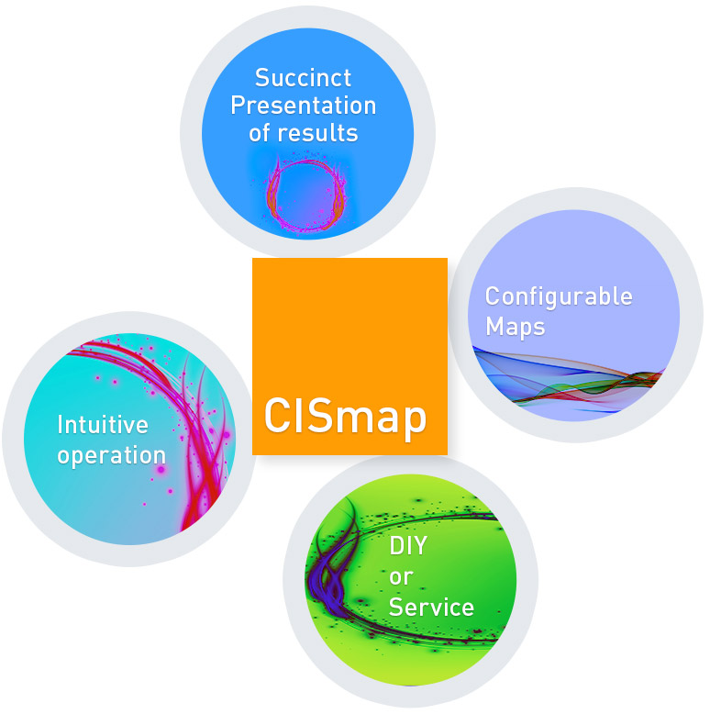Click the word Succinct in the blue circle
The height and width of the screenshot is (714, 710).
[303, 78]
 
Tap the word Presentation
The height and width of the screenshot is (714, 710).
[304, 106]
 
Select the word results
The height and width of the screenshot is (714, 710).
[317, 133]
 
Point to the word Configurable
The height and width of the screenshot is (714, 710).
[559, 297]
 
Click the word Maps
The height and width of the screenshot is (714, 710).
[516, 328]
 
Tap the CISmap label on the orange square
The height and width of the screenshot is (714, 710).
[345, 417]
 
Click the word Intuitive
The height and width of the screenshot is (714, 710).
[103, 425]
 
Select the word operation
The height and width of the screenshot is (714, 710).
[112, 456]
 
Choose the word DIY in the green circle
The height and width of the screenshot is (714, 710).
[408, 545]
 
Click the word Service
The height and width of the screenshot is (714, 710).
[431, 608]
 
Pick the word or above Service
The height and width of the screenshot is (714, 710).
[401, 578]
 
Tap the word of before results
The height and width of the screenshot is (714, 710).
[260, 133]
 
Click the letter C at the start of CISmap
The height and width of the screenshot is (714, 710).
[279, 415]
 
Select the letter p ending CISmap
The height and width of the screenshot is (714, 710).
[415, 422]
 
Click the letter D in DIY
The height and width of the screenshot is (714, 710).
[397, 545]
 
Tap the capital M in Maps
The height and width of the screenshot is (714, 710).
[495, 326]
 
